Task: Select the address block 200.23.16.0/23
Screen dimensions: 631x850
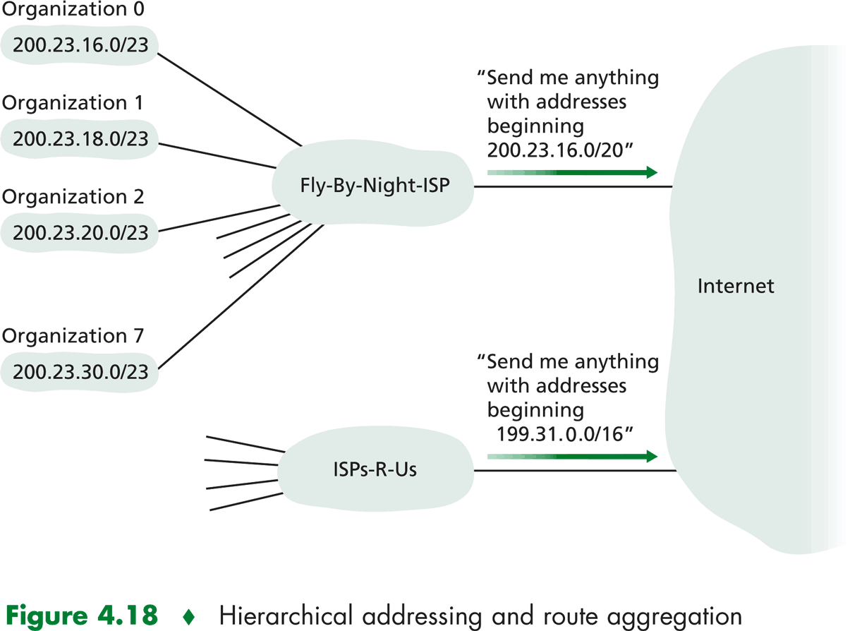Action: click(x=80, y=45)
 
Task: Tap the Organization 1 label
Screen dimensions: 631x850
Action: click(x=72, y=103)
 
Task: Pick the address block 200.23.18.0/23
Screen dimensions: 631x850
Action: click(x=80, y=138)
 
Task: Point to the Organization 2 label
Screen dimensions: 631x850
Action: click(x=72, y=196)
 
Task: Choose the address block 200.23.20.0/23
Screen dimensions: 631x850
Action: click(x=80, y=231)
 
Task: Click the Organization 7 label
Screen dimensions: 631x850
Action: click(x=72, y=336)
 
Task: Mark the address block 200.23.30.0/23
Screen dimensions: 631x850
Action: click(x=80, y=371)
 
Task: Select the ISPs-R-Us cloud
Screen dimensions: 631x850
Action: click(x=374, y=469)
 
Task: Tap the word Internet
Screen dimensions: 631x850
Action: click(x=736, y=286)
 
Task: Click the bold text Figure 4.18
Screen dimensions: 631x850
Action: click(x=83, y=615)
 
